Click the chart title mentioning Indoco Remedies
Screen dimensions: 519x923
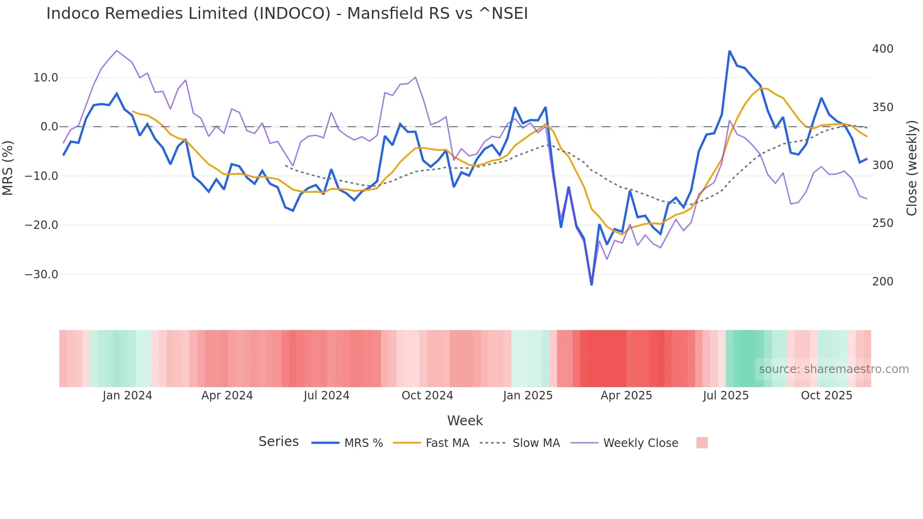pos(287,14)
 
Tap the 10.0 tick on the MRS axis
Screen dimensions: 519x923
pos(46,78)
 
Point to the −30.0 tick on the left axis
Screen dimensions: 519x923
pos(41,275)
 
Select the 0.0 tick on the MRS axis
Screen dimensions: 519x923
pos(49,127)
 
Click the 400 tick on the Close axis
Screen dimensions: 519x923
pos(883,49)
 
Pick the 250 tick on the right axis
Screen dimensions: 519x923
pos(883,223)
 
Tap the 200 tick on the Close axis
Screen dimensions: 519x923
pos(883,282)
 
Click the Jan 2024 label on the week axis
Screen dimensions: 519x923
pos(127,396)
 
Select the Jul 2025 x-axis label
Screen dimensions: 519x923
pos(726,396)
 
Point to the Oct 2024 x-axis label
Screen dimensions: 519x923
pos(427,396)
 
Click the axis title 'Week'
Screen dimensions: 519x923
pos(465,421)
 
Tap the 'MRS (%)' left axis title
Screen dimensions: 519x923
pos(8,168)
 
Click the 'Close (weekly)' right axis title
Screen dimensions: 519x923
pos(912,168)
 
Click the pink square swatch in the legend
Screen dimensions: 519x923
pos(702,443)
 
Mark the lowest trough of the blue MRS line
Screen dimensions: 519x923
pos(591,284)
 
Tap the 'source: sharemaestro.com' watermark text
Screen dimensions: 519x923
pos(834,369)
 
